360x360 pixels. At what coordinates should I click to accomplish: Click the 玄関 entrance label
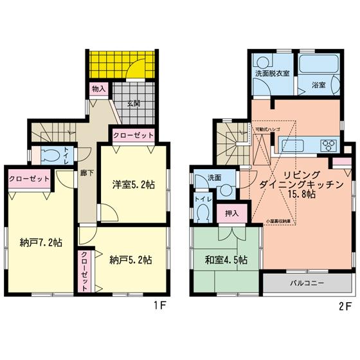pyautogui.click(x=132, y=103)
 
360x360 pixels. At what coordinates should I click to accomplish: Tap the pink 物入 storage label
pyautogui.click(x=98, y=89)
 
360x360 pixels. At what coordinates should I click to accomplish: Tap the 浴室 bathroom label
pyautogui.click(x=319, y=84)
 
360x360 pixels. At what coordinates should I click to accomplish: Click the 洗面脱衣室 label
pyautogui.click(x=272, y=73)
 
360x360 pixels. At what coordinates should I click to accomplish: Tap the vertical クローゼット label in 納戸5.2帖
pyautogui.click(x=84, y=271)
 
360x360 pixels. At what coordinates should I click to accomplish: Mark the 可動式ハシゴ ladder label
pyautogui.click(x=267, y=129)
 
